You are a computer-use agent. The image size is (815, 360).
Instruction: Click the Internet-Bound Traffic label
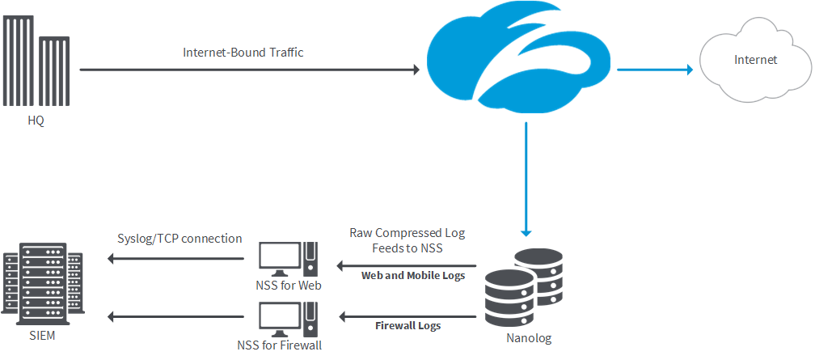point(243,53)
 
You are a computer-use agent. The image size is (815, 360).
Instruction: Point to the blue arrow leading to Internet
point(655,70)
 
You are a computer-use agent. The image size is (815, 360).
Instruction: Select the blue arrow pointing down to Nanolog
point(526,178)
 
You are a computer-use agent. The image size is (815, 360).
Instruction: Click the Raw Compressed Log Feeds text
point(407,240)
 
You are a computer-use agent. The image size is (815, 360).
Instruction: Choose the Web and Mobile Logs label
point(413,276)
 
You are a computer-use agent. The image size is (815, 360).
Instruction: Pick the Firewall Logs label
point(408,326)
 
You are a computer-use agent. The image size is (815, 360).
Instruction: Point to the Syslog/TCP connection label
point(179,239)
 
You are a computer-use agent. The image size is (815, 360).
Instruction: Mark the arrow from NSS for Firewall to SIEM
point(176,316)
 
